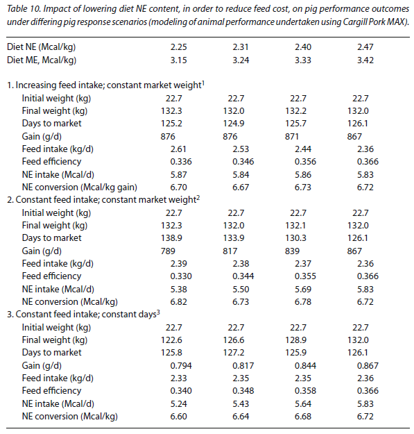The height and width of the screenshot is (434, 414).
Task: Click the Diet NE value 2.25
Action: (178, 47)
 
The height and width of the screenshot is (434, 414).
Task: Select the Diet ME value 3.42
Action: (365, 60)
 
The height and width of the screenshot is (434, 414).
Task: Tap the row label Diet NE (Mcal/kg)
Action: (41, 47)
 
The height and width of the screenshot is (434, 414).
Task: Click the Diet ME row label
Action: (42, 60)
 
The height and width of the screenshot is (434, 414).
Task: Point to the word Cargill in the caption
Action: (354, 22)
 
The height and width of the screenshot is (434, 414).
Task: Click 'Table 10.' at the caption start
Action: (24, 9)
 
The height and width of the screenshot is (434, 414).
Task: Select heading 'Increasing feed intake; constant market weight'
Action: (108, 85)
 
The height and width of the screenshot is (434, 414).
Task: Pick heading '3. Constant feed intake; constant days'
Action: (83, 314)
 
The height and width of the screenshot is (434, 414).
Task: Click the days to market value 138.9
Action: (171, 237)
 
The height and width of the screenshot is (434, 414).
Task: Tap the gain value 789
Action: (168, 251)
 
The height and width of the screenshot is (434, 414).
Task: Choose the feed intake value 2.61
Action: (178, 149)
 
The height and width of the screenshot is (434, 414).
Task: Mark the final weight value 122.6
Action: (171, 340)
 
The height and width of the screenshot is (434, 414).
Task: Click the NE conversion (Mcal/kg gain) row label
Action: (80, 187)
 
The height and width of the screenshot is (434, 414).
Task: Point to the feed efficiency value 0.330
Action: (181, 276)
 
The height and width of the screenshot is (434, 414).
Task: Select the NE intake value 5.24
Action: (178, 404)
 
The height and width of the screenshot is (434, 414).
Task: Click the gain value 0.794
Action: (181, 366)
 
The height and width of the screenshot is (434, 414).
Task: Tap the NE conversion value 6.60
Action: (178, 416)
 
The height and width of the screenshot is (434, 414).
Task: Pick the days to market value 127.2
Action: (234, 352)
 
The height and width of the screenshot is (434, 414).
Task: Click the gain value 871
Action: (292, 137)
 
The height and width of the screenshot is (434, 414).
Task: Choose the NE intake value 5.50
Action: (241, 290)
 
